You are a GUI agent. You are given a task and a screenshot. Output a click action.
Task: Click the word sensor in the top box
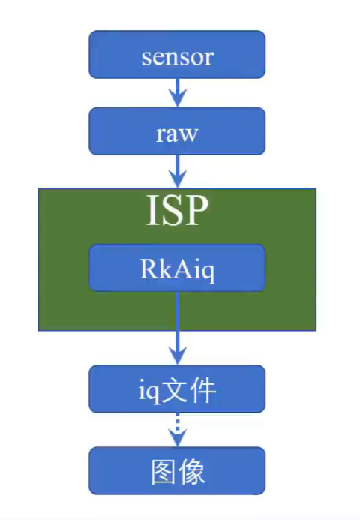click(x=177, y=57)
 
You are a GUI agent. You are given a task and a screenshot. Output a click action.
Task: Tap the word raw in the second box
click(x=177, y=134)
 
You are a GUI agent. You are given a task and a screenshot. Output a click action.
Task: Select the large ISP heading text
click(x=177, y=210)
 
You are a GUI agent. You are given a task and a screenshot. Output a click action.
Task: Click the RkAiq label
click(x=177, y=269)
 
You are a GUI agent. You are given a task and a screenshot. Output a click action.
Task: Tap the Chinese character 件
click(x=202, y=390)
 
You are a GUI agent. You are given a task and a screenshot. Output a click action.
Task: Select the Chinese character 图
click(x=163, y=471)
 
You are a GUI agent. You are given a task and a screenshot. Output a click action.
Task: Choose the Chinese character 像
click(x=191, y=471)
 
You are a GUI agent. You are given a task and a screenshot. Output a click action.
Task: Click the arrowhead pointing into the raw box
click(x=177, y=98)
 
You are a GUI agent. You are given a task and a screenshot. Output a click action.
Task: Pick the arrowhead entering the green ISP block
click(x=177, y=179)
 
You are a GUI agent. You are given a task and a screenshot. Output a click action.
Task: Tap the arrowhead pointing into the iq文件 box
click(x=177, y=356)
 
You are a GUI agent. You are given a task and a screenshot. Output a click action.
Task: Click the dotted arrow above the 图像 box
click(x=177, y=430)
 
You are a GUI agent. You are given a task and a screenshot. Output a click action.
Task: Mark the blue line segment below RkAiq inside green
click(x=177, y=311)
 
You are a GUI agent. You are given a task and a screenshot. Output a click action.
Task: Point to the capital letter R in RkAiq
click(x=149, y=268)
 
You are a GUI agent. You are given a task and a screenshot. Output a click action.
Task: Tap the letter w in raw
click(x=188, y=135)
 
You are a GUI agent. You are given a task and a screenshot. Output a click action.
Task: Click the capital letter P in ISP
click(x=197, y=210)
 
